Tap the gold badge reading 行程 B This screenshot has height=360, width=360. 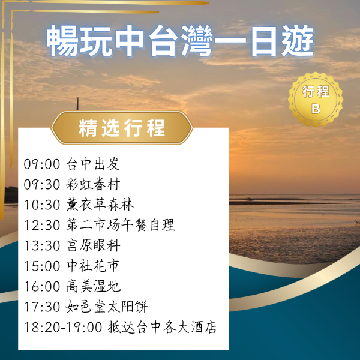click(x=316, y=100)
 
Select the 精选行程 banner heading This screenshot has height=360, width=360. click(x=122, y=128)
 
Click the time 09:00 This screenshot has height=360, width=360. click(x=42, y=164)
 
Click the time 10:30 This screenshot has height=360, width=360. click(x=42, y=205)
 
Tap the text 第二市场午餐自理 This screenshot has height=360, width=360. click(x=120, y=226)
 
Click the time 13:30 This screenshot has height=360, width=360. click(x=42, y=246)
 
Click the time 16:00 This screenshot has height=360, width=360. click(x=42, y=287)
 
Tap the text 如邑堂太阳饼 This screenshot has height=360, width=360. click(x=106, y=307)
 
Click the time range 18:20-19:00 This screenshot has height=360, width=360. click(x=64, y=328)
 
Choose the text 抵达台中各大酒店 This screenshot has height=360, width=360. click(x=162, y=328)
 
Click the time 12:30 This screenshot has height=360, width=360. click(x=42, y=226)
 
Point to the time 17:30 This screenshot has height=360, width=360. click(x=42, y=307)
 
